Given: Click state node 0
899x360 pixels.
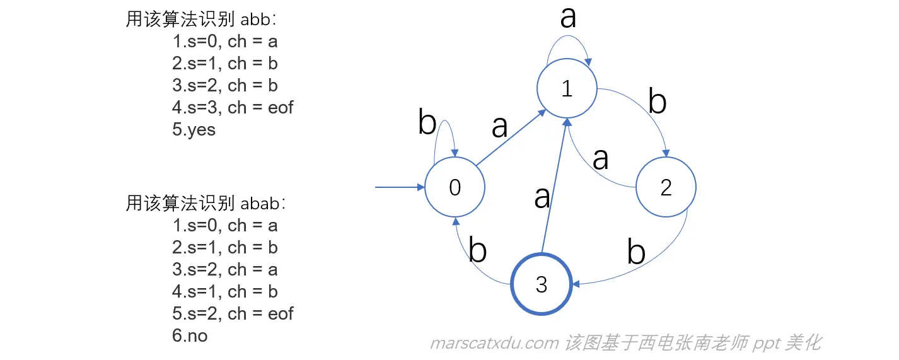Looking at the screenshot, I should pyautogui.click(x=455, y=187).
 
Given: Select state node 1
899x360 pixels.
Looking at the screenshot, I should pyautogui.click(x=566, y=90).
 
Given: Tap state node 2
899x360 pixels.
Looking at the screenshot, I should pyautogui.click(x=665, y=187).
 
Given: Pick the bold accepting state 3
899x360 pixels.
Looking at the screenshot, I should pyautogui.click(x=542, y=284).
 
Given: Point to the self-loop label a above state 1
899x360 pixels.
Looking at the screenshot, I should pyautogui.click(x=568, y=17).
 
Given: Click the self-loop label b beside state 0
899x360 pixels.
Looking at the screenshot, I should pyautogui.click(x=427, y=124).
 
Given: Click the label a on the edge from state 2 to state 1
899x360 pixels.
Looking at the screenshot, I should pyautogui.click(x=600, y=159).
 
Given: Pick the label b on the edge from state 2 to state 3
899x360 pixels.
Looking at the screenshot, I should pyautogui.click(x=636, y=252).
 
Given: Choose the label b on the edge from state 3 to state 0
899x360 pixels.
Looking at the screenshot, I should pyautogui.click(x=478, y=251).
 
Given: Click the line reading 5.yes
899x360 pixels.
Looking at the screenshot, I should pyautogui.click(x=194, y=130).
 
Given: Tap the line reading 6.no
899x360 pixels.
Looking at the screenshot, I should pyautogui.click(x=190, y=335).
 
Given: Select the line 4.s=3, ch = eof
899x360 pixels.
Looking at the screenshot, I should pyautogui.click(x=233, y=108).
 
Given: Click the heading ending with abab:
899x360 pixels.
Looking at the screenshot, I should pyautogui.click(x=206, y=203).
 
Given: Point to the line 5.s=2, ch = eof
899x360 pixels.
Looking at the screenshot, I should pyautogui.click(x=233, y=313).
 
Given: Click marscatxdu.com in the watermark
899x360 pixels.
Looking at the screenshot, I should pyautogui.click(x=494, y=343).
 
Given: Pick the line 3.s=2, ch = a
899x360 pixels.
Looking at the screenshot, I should pyautogui.click(x=224, y=269).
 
